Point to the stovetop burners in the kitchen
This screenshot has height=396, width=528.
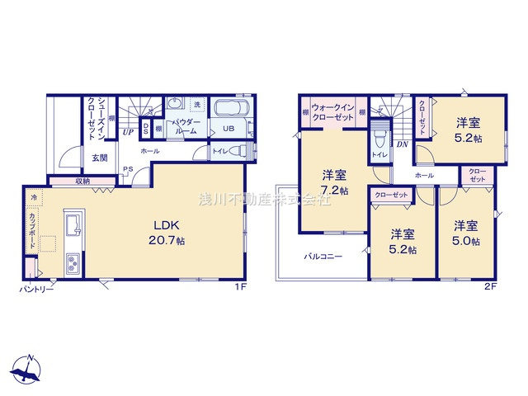[x=72, y=264]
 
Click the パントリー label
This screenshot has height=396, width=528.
[x=36, y=290]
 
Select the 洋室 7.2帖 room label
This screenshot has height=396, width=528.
[x=334, y=181]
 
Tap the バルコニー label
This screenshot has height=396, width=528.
[x=322, y=257]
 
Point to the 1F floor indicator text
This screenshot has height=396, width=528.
[x=238, y=287]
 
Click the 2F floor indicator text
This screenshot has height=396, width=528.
[x=490, y=287]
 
